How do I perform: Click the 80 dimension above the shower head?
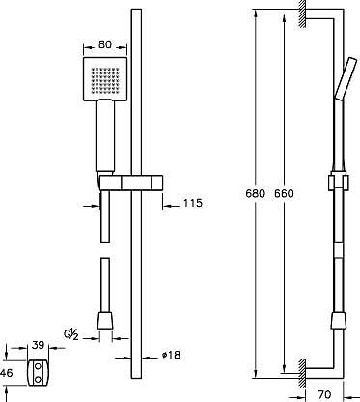[105, 44]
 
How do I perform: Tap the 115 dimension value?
[193, 203]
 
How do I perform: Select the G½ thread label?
[70, 334]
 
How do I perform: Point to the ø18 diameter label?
[171, 355]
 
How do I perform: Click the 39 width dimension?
[38, 345]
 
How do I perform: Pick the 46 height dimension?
[7, 373]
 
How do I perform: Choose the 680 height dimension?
[255, 193]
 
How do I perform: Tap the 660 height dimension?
[284, 193]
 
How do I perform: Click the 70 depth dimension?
[324, 394]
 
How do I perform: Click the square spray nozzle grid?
[105, 79]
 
